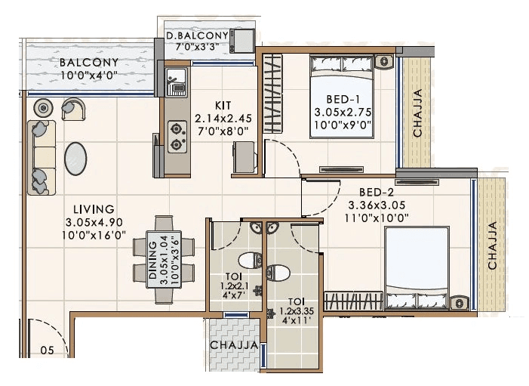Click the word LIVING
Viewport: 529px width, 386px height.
[94, 208]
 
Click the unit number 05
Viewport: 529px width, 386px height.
[47, 350]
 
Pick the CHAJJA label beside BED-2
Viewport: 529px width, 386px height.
[491, 245]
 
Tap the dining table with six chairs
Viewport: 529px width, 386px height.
[165, 259]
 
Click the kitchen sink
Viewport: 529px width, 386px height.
[177, 81]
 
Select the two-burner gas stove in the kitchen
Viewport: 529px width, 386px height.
[177, 136]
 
